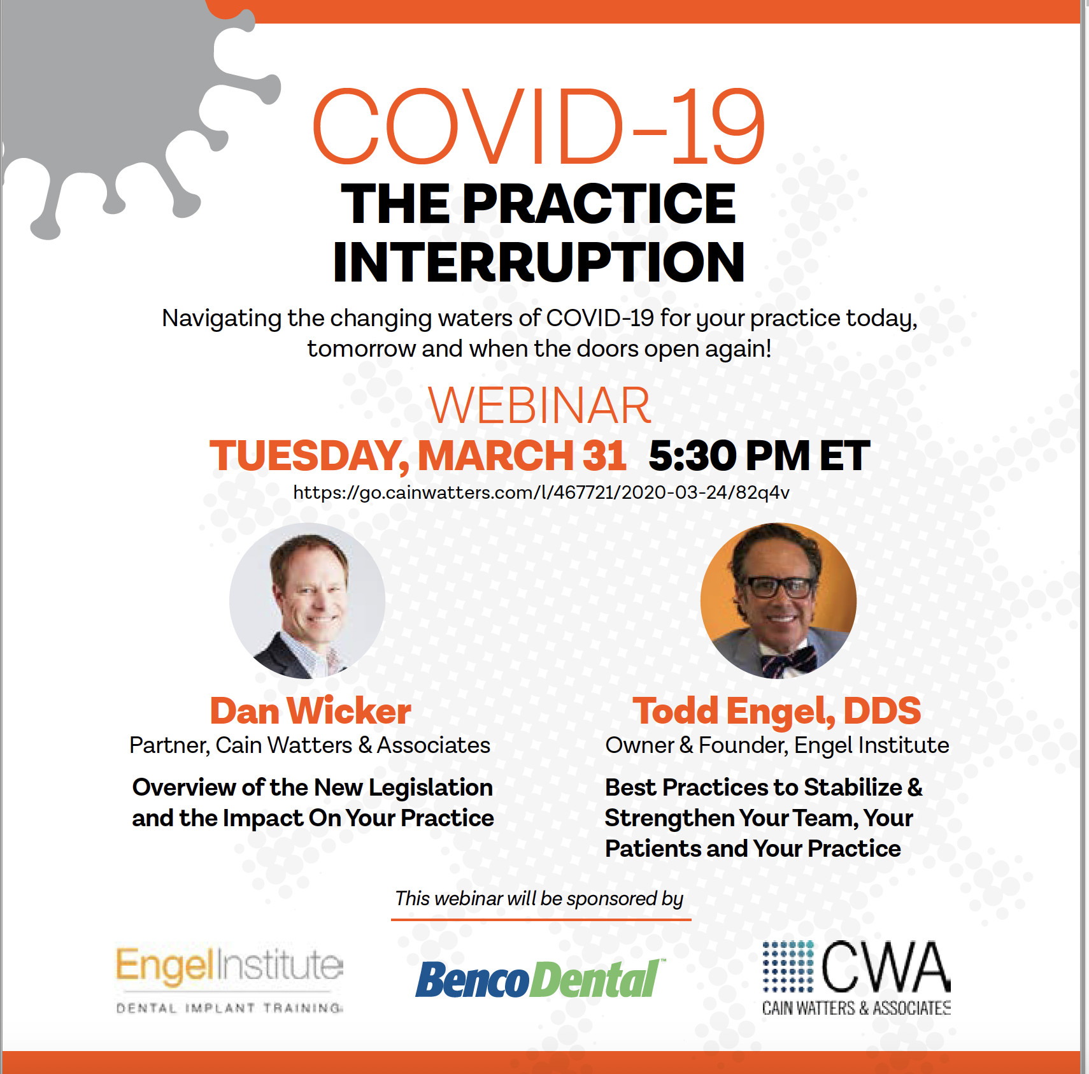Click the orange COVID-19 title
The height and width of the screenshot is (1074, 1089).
[539, 125]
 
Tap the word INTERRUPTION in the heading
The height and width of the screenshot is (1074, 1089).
[539, 262]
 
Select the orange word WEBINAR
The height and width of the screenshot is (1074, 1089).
[539, 405]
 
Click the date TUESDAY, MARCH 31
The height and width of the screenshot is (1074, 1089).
[418, 456]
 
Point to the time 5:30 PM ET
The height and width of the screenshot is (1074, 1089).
[759, 455]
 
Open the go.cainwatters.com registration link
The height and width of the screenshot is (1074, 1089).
[541, 492]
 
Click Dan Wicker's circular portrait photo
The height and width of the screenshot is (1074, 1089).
[307, 601]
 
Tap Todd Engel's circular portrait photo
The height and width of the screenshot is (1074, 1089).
[778, 601]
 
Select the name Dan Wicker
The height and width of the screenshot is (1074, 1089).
[311, 711]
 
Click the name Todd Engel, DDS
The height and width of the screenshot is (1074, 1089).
[777, 712]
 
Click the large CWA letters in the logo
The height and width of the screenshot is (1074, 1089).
[885, 967]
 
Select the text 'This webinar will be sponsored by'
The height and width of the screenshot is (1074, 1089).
[539, 898]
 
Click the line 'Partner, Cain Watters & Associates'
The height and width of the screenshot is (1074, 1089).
[310, 745]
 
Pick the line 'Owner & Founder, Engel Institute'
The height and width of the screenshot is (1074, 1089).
[777, 745]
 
